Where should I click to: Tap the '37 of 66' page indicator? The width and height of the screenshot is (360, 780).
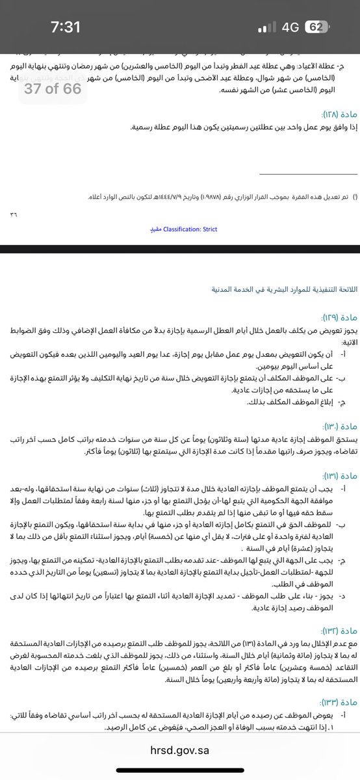[53, 88]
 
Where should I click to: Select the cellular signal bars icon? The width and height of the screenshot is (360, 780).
[266, 28]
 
